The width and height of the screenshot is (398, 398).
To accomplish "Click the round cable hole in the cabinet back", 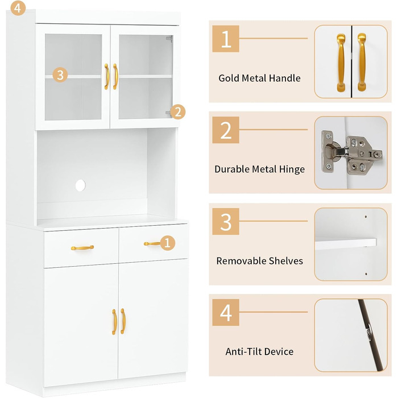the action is click(x=81, y=185).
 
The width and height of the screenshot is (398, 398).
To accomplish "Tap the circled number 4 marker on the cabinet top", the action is click(x=18, y=8).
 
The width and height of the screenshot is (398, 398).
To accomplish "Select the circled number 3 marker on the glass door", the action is click(x=60, y=75).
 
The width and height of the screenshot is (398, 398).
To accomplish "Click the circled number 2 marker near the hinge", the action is click(x=177, y=112).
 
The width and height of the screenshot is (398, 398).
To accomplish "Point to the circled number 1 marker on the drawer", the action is click(x=167, y=243).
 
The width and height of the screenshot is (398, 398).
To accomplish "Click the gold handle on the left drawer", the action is click(x=82, y=247).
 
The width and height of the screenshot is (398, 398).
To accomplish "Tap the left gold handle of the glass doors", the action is click(x=107, y=77).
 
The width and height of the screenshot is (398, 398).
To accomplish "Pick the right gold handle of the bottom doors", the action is click(x=123, y=321).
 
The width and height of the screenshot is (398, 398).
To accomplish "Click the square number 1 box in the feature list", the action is click(x=226, y=39).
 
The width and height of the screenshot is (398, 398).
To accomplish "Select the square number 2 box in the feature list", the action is click(x=226, y=130).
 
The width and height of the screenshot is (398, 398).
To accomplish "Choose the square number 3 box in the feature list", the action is click(x=226, y=221).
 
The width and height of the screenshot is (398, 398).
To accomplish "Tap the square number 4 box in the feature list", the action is click(x=226, y=312).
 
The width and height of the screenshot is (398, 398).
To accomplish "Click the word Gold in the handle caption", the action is click(x=229, y=78).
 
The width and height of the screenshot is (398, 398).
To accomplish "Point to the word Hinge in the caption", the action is click(x=292, y=169).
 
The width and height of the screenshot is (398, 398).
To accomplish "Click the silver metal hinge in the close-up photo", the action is click(x=351, y=152).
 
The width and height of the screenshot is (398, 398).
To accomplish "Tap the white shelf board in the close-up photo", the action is click(x=346, y=243).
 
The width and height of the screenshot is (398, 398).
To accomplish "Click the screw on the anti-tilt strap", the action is click(x=368, y=331).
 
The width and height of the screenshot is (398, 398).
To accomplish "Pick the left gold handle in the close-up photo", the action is click(x=341, y=63).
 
